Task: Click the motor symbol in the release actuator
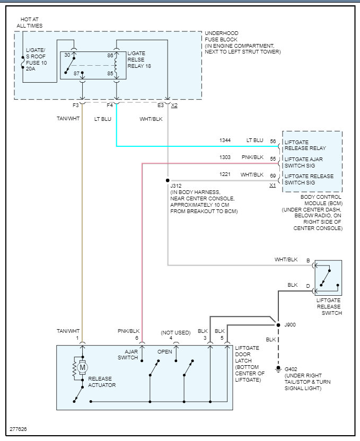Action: point(82,366)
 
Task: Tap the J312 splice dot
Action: point(168,180)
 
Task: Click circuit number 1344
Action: point(226,140)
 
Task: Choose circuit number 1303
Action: point(226,157)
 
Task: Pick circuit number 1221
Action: point(226,174)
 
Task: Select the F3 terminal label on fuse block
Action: point(82,105)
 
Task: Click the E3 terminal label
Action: point(161,105)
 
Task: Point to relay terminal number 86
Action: point(110,55)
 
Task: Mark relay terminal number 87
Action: point(76,73)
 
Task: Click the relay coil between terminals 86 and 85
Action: point(116,65)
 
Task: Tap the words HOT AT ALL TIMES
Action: point(30,22)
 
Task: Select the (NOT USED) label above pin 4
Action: point(175,332)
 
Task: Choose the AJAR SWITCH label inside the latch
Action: point(128,355)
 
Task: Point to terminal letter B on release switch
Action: point(308,260)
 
